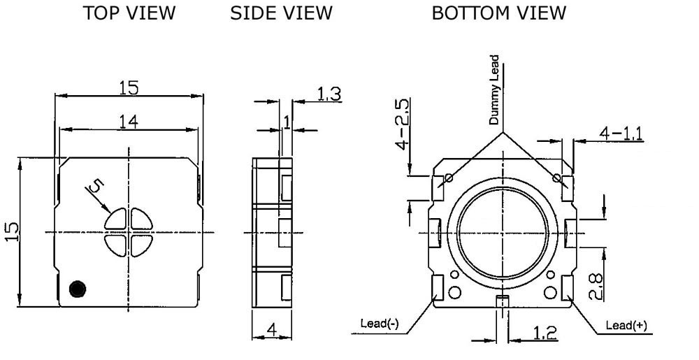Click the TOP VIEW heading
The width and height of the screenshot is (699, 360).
pyautogui.click(x=129, y=13)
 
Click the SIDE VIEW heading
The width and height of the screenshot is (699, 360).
pyautogui.click(x=281, y=13)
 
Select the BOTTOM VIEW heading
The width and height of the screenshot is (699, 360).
pyautogui.click(x=499, y=13)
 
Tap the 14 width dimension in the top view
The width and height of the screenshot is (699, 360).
pyautogui.click(x=129, y=121)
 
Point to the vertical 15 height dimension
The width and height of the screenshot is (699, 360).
pyautogui.click(x=13, y=231)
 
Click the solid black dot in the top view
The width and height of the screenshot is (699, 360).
pyautogui.click(x=78, y=289)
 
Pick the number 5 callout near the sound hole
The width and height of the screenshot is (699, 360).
pyautogui.click(x=96, y=185)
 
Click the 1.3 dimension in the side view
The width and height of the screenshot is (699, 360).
pyautogui.click(x=329, y=94)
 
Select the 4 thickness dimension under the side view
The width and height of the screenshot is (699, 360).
pyautogui.click(x=271, y=330)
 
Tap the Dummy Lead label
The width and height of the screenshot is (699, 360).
pyautogui.click(x=494, y=89)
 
